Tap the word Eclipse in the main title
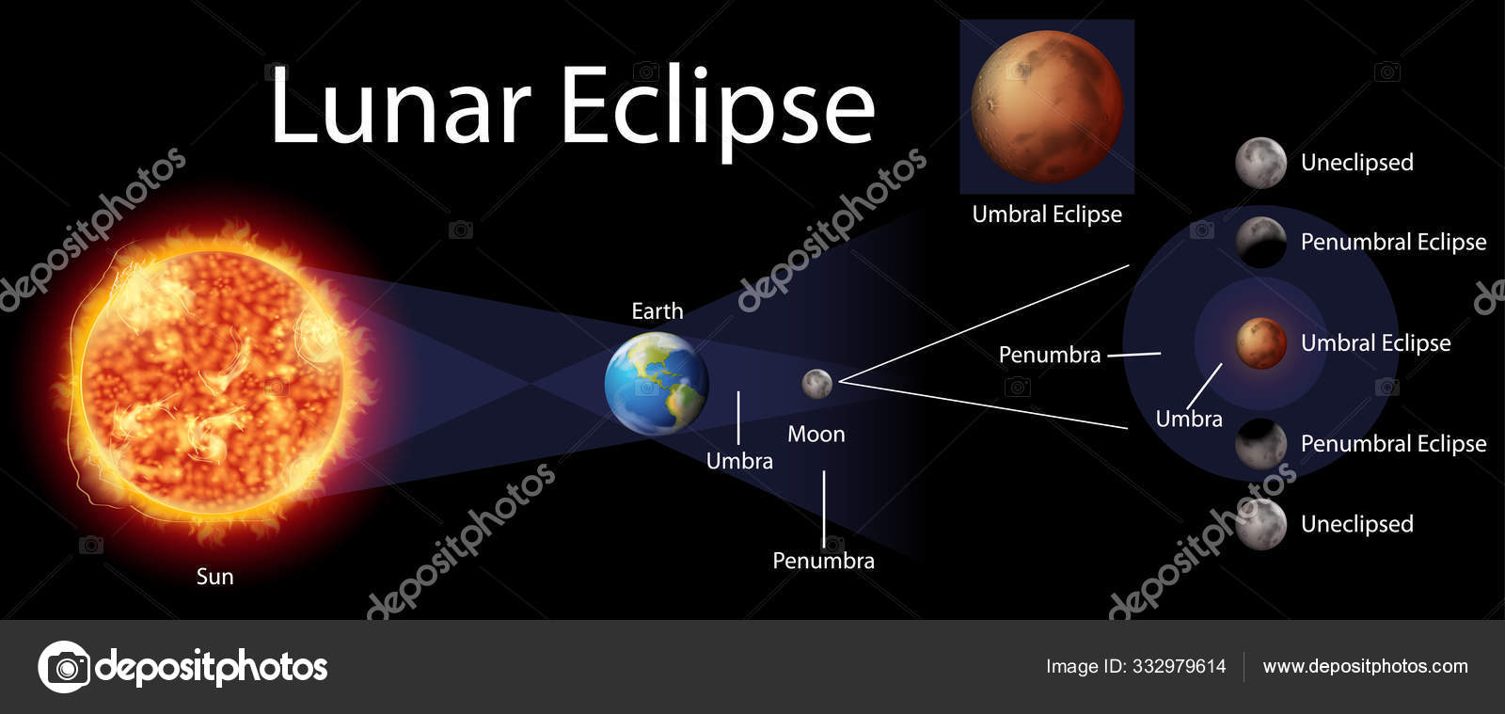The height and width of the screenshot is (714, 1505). pos(719,108)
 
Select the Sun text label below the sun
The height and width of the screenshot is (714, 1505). pos(214,577)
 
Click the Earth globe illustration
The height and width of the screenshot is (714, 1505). pos(656,383)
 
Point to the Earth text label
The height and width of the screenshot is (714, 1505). pos(657,311)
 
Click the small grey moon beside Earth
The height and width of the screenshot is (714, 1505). pos(816,383)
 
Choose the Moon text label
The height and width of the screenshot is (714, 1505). pos(816,434)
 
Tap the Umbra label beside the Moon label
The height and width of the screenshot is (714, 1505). pos(739,461)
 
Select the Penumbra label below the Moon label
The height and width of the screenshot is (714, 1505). pos(823,561)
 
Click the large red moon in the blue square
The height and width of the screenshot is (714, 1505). pos(1046,105)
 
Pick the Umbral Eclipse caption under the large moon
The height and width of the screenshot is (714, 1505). pos(1046,214)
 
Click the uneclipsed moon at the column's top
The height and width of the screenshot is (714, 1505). pos(1260,163)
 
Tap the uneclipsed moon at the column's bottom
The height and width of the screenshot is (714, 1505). pos(1260,524)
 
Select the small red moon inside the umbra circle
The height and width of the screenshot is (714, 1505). pos(1260,343)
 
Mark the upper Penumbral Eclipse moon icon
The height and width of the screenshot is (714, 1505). pos(1260,242)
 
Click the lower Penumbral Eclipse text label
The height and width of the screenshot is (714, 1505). pos(1393,444)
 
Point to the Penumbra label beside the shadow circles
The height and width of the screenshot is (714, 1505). pos(1049,355)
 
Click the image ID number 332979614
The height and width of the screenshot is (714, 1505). pos(1179,667)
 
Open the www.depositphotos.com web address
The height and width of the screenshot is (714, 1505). pos(1365,667)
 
